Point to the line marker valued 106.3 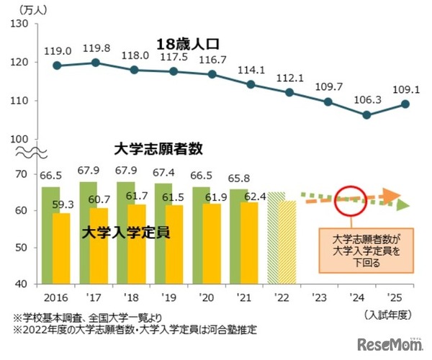[367, 114]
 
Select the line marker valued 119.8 [96, 63]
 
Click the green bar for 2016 [50, 235]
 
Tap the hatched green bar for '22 [276, 238]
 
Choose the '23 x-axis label [319, 296]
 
